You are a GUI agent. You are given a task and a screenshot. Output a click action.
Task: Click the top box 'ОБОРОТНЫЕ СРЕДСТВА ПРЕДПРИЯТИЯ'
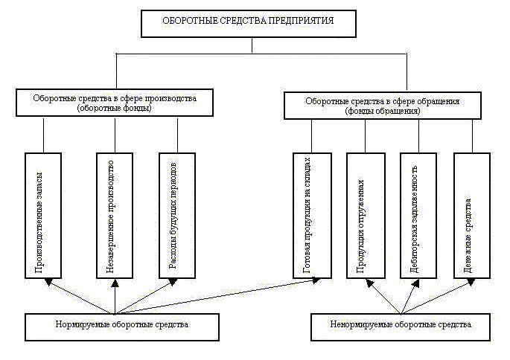[x=252, y=22]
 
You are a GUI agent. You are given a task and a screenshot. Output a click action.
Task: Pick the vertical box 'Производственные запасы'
[x=43, y=215]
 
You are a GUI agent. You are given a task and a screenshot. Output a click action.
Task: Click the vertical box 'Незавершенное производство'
[x=115, y=215]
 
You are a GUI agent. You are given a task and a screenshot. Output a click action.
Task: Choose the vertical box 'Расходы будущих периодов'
[x=177, y=215]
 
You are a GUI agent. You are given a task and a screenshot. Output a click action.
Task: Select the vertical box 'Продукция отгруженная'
[x=366, y=215]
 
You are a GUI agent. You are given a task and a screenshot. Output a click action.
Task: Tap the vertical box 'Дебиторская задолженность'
[x=418, y=215]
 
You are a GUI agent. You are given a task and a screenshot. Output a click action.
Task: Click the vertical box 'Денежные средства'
[x=472, y=215]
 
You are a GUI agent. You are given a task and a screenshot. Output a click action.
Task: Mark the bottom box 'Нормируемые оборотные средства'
[x=123, y=326]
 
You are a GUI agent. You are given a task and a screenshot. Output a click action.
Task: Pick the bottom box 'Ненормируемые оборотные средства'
[x=401, y=326]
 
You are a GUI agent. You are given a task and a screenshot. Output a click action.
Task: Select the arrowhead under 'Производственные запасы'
[x=48, y=281]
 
